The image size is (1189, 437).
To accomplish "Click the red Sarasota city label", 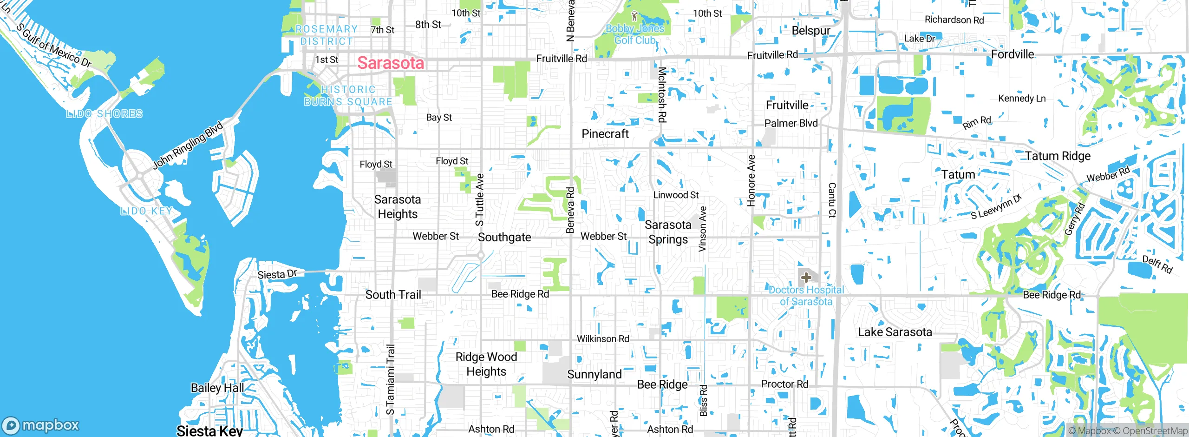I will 391,63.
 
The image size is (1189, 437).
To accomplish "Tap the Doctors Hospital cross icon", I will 806,278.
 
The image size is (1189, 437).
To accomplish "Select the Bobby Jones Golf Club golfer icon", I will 634,16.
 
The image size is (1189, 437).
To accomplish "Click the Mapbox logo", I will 41,425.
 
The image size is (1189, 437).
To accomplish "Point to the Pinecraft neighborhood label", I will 605,134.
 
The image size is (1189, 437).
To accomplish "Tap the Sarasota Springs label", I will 668,232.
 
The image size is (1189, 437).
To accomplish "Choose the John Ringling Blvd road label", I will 188,145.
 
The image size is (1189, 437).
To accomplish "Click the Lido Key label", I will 146,211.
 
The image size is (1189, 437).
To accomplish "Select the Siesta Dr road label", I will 277,274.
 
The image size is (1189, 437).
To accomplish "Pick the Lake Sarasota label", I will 895,332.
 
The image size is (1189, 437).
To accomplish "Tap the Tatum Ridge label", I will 1058,156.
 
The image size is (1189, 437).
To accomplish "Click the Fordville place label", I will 1013,54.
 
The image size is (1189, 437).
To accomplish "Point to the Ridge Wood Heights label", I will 486,364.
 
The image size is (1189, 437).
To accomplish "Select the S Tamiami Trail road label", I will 391,379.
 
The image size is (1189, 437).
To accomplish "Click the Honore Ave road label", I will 751,180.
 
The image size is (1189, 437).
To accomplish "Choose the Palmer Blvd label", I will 791,123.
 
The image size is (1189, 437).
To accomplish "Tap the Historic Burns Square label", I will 348,95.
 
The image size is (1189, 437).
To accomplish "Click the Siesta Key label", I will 209,430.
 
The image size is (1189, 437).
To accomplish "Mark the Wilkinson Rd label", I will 603,339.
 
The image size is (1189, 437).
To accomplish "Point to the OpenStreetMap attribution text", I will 1155,431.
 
